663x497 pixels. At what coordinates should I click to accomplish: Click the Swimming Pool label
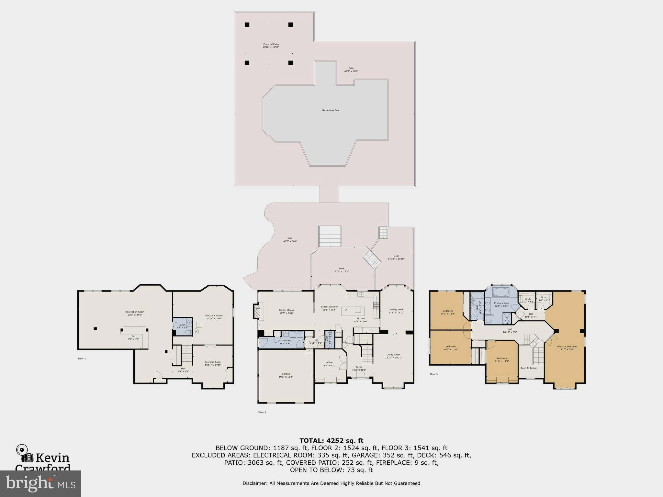tap(331, 110)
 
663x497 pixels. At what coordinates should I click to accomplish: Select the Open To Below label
tap(528, 368)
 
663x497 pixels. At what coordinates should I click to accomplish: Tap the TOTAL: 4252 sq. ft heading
tap(331, 440)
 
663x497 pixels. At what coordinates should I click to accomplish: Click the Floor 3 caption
tap(433, 374)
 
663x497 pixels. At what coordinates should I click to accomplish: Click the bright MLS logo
tap(40, 483)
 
